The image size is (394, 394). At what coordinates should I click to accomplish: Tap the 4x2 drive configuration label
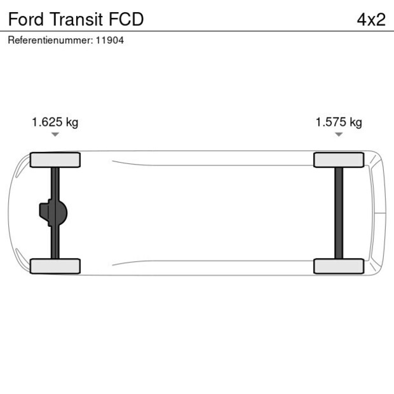(371, 20)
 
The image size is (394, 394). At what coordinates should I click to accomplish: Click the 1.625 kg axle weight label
(55, 122)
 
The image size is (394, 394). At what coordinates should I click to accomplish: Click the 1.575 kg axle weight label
(339, 122)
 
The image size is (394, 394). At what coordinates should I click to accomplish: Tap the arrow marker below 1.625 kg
(55, 135)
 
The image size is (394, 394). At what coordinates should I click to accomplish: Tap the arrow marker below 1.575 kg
(339, 135)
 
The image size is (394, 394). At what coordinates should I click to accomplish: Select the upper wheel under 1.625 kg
(55, 160)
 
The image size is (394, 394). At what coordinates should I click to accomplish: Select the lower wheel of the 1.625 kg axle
(55, 266)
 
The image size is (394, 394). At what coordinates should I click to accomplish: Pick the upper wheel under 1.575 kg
(339, 160)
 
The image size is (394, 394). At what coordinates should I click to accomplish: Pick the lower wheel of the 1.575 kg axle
(339, 266)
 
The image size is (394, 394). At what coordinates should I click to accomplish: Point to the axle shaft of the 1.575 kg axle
(339, 213)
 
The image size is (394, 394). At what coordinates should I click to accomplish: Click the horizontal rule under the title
(197, 31)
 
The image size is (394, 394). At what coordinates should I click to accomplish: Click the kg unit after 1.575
(355, 122)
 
